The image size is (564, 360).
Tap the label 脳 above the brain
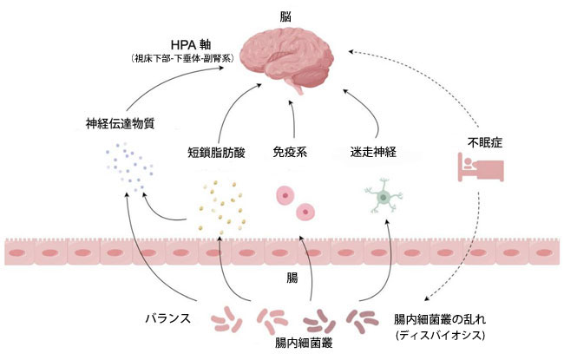[285, 15]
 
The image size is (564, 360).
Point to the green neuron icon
[383, 195]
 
